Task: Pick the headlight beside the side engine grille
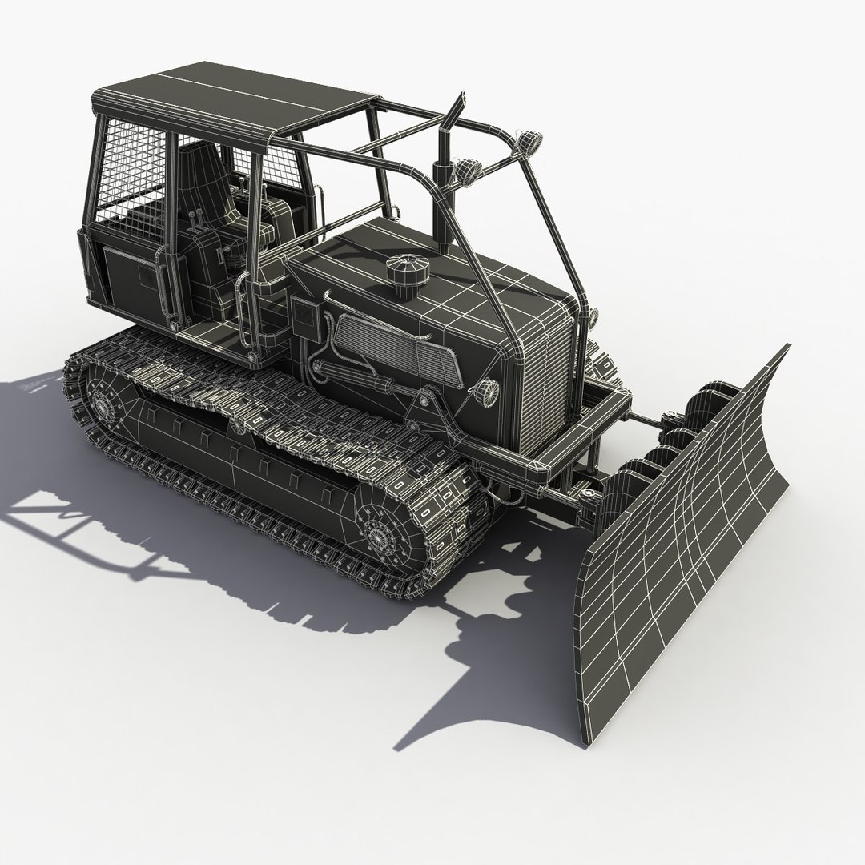point(485,392)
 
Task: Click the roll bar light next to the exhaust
point(465,171)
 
